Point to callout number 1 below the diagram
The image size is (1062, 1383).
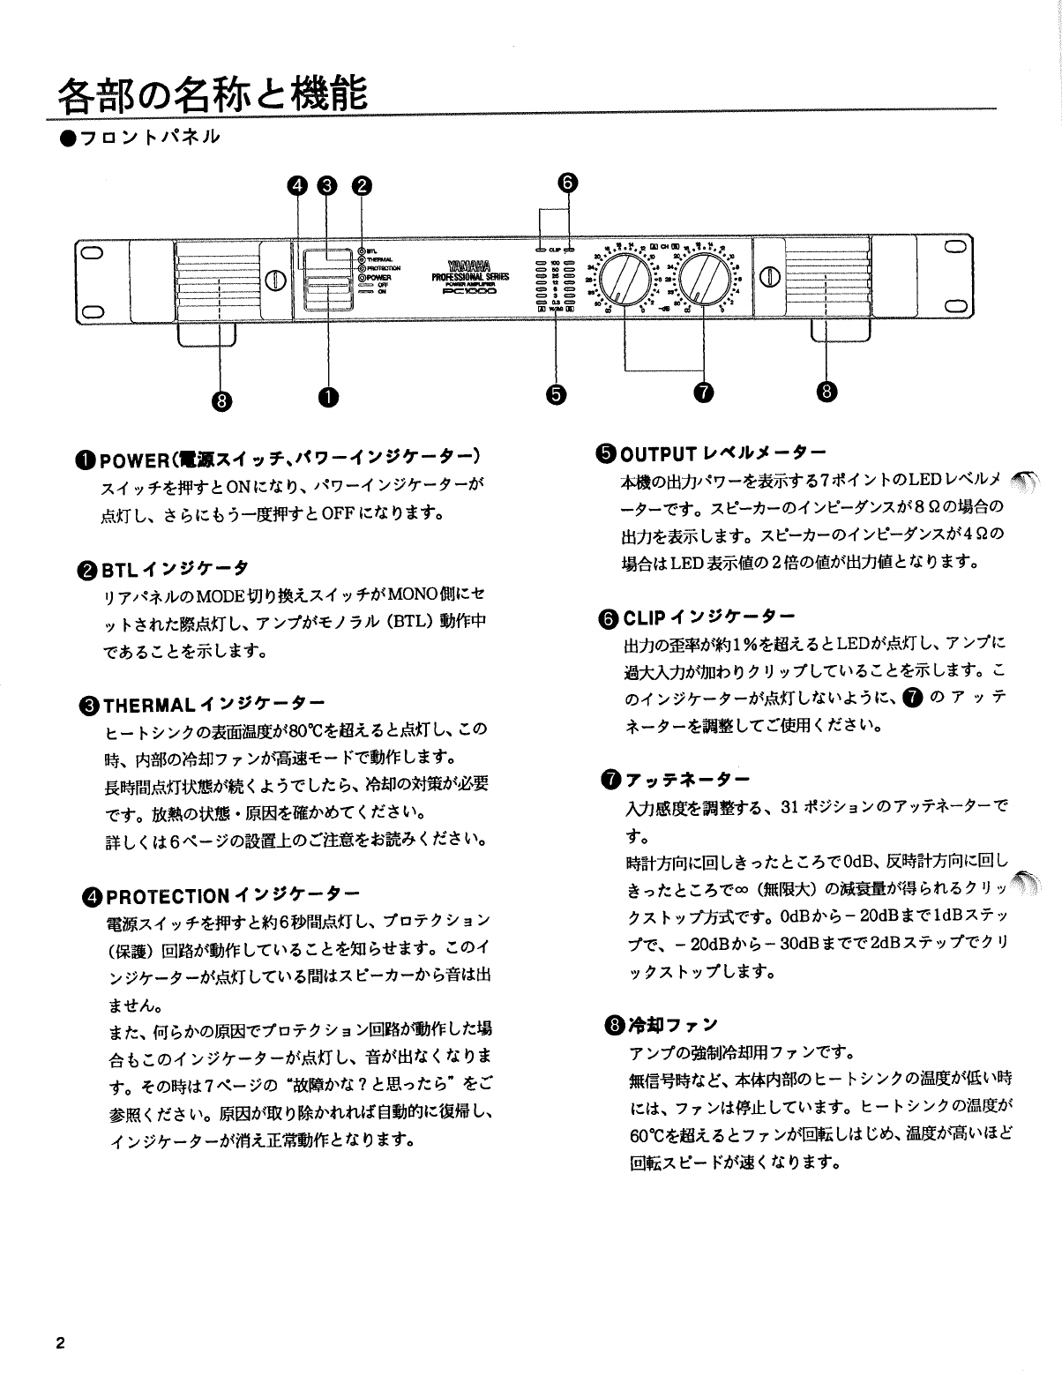tap(329, 399)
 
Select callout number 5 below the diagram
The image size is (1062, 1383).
tap(555, 393)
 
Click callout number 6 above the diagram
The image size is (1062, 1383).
tap(568, 183)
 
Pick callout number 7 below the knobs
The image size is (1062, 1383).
tap(703, 393)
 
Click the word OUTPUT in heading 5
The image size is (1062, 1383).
tap(658, 455)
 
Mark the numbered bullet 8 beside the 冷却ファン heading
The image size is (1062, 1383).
tap(613, 1025)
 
